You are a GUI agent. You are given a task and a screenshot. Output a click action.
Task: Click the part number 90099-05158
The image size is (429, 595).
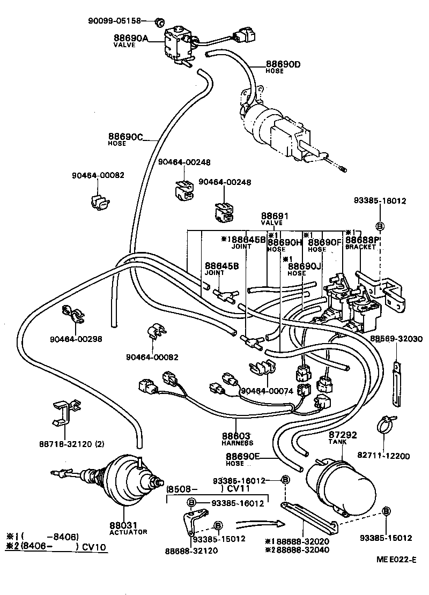(114, 21)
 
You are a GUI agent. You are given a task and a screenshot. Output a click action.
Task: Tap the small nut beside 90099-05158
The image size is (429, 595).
(159, 22)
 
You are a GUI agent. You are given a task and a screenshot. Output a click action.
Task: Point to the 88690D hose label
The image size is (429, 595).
(283, 68)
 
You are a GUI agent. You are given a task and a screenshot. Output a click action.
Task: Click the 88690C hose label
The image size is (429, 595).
(125, 139)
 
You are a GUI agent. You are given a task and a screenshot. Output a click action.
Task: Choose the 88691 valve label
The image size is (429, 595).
(275, 219)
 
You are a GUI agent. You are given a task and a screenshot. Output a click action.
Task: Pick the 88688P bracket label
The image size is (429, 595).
(363, 243)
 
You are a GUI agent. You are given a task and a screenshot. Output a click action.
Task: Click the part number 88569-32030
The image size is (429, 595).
(396, 339)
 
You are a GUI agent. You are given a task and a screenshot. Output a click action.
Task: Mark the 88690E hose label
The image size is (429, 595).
(242, 459)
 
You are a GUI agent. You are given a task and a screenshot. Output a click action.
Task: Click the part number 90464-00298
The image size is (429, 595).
(76, 339)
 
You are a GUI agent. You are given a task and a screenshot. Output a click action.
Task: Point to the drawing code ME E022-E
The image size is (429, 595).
(396, 560)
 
